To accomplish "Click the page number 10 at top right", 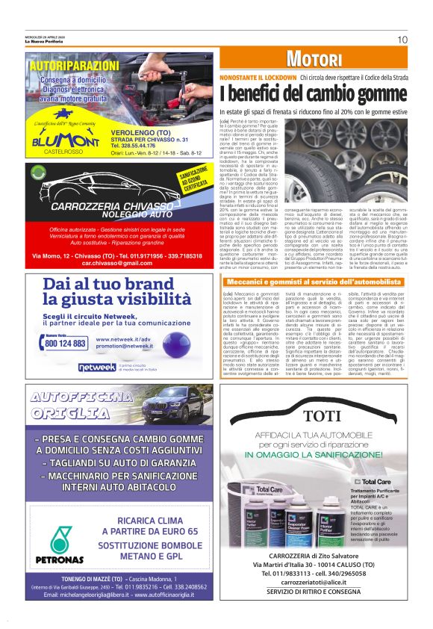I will coord(402,40).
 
